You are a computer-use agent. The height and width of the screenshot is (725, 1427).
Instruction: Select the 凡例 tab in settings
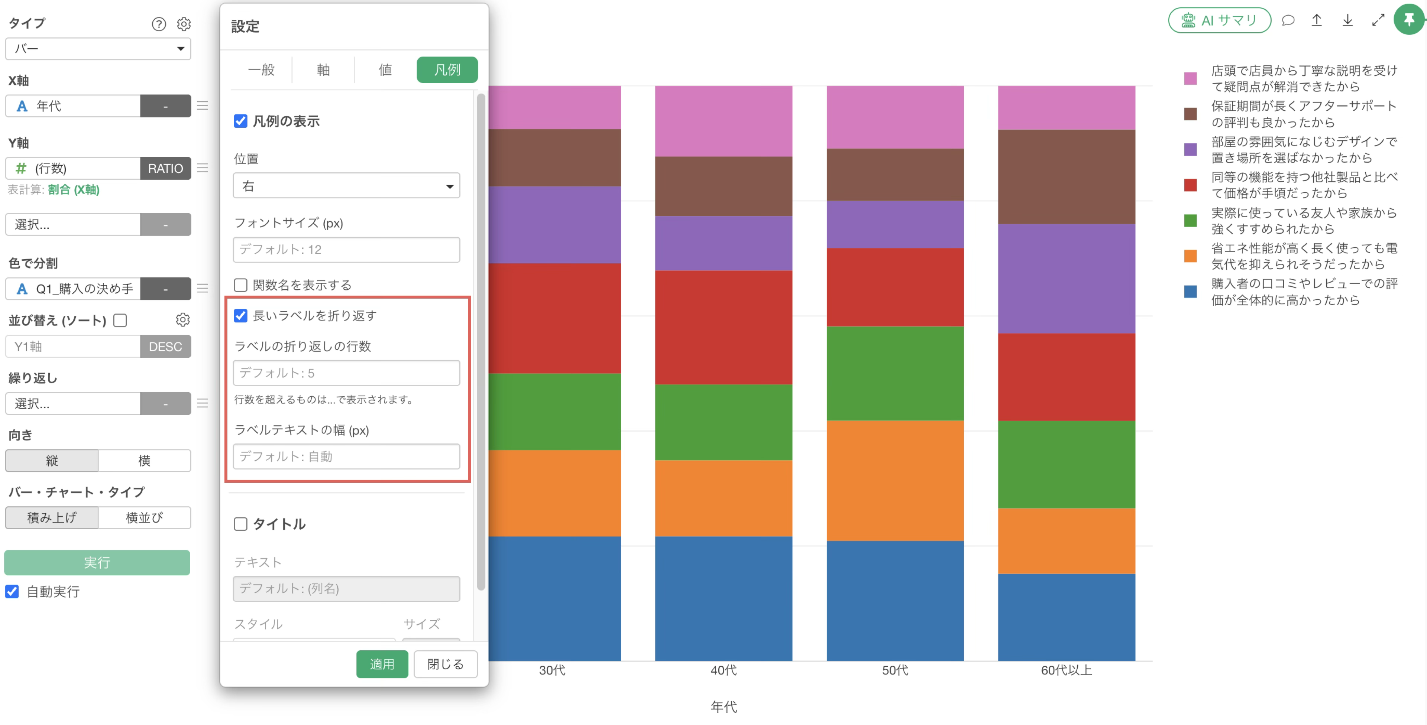447,70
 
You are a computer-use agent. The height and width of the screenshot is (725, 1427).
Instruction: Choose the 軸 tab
323,70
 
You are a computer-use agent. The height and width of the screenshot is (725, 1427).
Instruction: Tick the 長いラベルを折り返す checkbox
240,316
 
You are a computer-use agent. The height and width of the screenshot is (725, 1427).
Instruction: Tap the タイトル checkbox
240,524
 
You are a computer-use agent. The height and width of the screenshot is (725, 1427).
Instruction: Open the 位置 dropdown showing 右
346,186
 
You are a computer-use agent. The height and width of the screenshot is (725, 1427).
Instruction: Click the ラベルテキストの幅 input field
346,456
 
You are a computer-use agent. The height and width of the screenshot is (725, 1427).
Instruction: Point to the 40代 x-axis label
724,670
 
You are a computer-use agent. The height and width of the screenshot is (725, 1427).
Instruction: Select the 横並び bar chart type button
145,517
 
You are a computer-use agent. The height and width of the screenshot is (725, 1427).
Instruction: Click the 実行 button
97,563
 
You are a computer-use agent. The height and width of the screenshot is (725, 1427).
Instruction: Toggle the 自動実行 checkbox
12,592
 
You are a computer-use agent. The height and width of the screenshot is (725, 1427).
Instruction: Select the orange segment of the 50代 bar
894,481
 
